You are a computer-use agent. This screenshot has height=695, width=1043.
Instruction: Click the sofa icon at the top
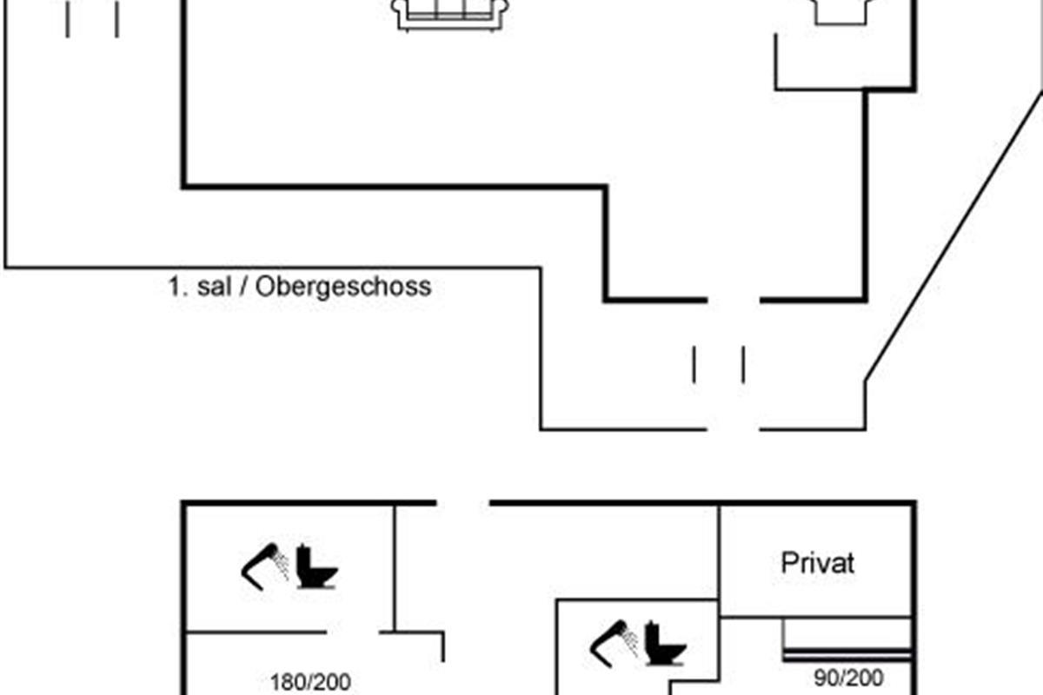click(x=450, y=16)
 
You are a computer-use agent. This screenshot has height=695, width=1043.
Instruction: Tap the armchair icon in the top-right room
click(x=841, y=11)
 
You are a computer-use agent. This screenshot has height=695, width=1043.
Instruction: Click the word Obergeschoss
click(x=343, y=287)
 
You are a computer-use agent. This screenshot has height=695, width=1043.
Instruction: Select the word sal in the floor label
click(x=214, y=286)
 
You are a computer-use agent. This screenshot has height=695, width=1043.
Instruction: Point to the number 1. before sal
click(x=178, y=287)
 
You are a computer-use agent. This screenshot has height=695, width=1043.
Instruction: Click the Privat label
click(x=818, y=563)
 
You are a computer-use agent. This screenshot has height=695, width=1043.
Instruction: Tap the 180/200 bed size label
click(x=310, y=683)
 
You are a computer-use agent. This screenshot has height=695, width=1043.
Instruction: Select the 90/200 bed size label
click(x=848, y=678)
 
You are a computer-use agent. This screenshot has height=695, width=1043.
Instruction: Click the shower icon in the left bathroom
click(x=265, y=566)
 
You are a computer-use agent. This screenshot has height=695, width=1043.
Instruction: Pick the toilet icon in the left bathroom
click(x=316, y=566)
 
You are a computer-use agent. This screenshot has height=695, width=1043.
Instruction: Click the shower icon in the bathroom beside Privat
click(x=615, y=644)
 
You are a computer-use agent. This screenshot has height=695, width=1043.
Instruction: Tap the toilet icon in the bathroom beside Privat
click(x=666, y=644)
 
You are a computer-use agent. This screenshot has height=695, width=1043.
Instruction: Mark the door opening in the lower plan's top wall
click(x=462, y=503)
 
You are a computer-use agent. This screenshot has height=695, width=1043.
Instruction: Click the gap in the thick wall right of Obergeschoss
click(x=734, y=301)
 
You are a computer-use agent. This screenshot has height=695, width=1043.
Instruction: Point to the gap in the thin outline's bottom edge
click(x=734, y=429)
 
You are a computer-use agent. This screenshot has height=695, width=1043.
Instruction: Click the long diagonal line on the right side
click(x=954, y=236)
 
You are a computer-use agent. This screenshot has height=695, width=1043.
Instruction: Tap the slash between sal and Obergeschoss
click(x=243, y=286)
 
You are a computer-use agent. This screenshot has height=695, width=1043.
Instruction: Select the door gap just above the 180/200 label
click(x=353, y=632)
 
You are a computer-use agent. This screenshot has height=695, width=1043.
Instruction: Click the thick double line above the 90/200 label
click(x=847, y=654)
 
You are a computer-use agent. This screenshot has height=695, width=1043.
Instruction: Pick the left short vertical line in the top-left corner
click(x=68, y=19)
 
